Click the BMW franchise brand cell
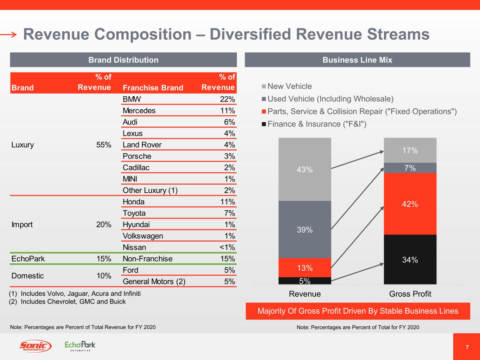(x=132, y=99)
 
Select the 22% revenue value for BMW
(x=227, y=99)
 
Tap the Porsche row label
(x=137, y=156)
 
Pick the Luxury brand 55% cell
(x=104, y=145)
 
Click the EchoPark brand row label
(x=28, y=259)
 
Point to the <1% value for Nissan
(x=227, y=247)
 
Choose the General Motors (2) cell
(x=154, y=282)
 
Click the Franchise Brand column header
(x=153, y=88)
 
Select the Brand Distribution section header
(x=123, y=60)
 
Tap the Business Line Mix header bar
(x=357, y=60)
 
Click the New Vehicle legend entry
(x=289, y=86)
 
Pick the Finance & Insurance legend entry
(x=316, y=124)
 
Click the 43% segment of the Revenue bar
(x=305, y=169)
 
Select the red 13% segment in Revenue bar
(x=305, y=268)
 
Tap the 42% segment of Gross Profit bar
(x=410, y=204)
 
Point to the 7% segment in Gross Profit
(x=410, y=168)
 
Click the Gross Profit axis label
(x=410, y=294)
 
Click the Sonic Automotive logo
(x=35, y=346)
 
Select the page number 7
(x=467, y=347)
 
